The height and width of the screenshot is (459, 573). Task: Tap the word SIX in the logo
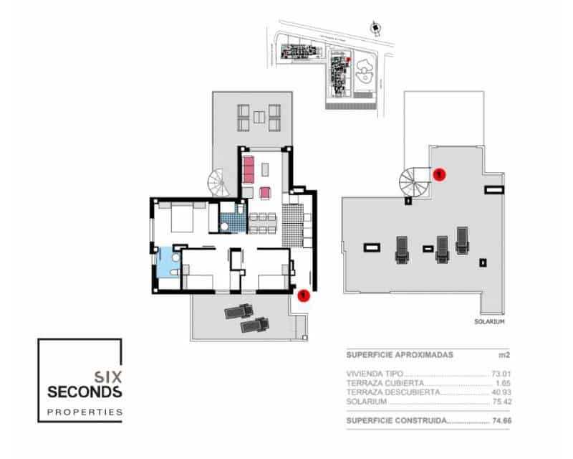click(x=107, y=374)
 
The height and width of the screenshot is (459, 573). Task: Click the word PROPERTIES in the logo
click(x=85, y=412)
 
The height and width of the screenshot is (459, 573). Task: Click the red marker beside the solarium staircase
click(x=440, y=173)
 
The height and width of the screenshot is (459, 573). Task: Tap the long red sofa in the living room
click(x=249, y=170)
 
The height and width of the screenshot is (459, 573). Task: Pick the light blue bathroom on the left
click(x=166, y=262)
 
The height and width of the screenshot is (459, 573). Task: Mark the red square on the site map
click(x=348, y=60)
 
